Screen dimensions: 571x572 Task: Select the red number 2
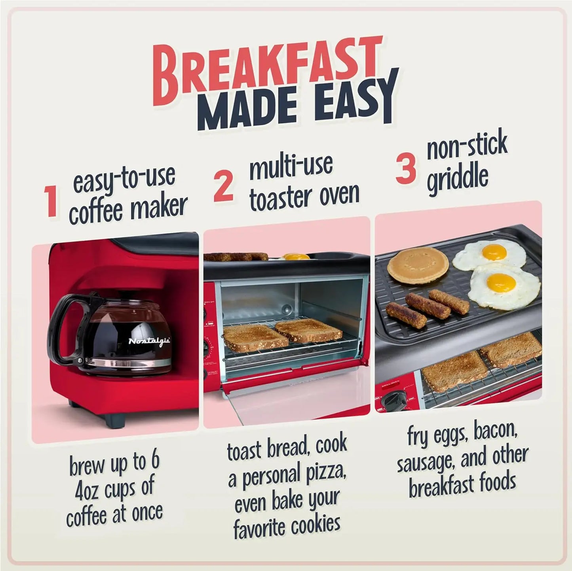click(223, 186)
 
